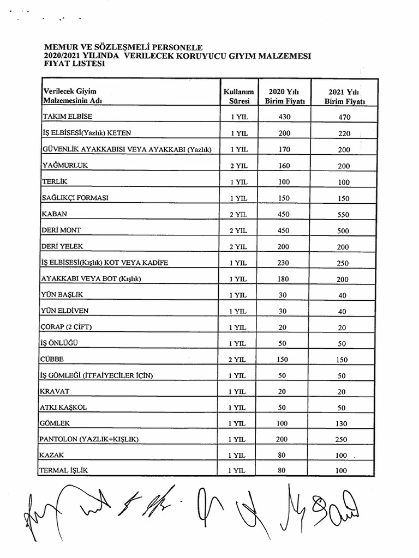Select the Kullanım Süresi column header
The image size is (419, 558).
(238, 96)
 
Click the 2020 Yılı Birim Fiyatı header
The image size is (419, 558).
(284, 96)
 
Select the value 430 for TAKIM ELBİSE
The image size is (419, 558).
(284, 117)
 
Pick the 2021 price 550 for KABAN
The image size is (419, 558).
(343, 215)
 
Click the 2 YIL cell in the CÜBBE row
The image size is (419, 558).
(238, 360)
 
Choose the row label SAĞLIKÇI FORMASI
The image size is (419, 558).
(75, 198)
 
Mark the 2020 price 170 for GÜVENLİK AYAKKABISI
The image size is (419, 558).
(284, 149)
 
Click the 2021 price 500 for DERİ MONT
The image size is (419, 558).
(343, 231)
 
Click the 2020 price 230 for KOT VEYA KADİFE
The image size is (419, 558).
(284, 263)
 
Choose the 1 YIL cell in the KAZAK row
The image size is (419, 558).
(238, 454)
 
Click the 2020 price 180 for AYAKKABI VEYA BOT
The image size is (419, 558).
(284, 279)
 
